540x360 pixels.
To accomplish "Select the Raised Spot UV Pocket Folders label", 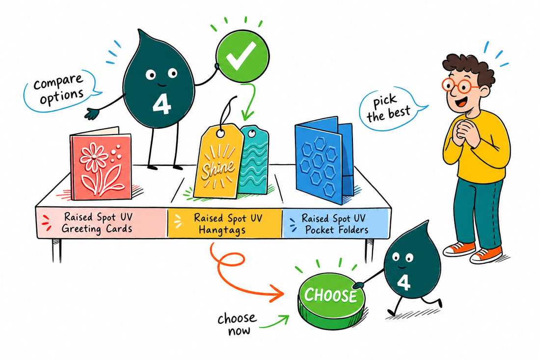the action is tap(335, 224).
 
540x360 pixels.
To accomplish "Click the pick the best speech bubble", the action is tap(391, 108).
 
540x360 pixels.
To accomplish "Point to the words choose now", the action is tap(238, 324).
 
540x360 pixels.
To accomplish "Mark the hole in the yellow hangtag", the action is tap(220, 132).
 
